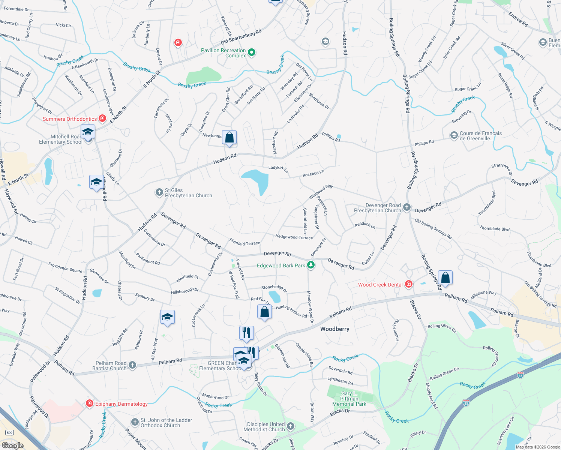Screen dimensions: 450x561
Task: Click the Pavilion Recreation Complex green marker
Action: pyautogui.click(x=252, y=53)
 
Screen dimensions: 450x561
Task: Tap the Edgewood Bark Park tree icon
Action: pyautogui.click(x=310, y=265)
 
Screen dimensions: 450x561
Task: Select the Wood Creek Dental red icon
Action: pyautogui.click(x=409, y=285)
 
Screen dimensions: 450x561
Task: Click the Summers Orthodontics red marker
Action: pyautogui.click(x=102, y=119)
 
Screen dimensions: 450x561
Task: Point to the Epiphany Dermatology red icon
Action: pyautogui.click(x=89, y=404)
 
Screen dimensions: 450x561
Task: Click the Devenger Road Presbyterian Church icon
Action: pyautogui.click(x=407, y=208)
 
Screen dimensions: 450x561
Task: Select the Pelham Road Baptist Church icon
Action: pyautogui.click(x=132, y=366)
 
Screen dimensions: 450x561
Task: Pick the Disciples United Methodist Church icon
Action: pyautogui.click(x=291, y=426)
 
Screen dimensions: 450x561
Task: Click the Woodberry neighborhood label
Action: pyautogui.click(x=334, y=329)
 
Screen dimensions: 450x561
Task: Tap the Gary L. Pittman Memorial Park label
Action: pyautogui.click(x=349, y=399)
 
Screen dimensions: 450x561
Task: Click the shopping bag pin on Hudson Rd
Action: pyautogui.click(x=229, y=138)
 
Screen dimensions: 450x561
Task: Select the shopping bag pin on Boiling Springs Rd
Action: pyautogui.click(x=445, y=278)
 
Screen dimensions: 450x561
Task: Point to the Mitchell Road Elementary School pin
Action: pyautogui.click(x=88, y=132)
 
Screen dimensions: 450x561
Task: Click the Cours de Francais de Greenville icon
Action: pyautogui.click(x=454, y=135)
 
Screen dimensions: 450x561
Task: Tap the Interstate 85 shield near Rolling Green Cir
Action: pyautogui.click(x=520, y=375)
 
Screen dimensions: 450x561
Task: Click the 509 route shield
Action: pyautogui.click(x=9, y=432)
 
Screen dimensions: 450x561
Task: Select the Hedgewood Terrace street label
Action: pyautogui.click(x=294, y=237)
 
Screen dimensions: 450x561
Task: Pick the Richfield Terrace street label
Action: pyautogui.click(x=244, y=243)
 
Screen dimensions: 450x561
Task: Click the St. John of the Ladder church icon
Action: pyautogui.click(x=135, y=423)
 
